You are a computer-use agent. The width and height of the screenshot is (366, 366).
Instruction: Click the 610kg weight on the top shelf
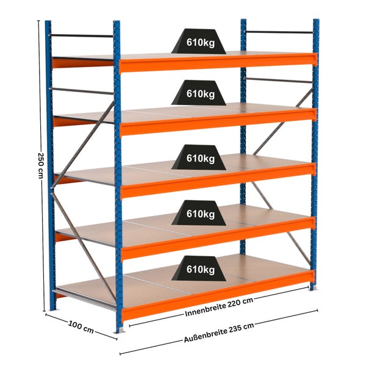[199, 41]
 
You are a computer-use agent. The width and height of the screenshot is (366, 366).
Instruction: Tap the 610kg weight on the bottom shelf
[199, 268]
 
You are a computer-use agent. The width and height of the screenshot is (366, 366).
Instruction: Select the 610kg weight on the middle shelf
[199, 157]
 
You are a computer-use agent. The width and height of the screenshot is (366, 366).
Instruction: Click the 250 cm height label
[40, 165]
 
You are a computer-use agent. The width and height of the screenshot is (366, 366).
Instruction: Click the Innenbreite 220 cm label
[219, 307]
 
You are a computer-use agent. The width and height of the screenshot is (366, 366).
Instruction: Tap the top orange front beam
[218, 62]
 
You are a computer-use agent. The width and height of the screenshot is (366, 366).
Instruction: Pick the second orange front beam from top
[218, 121]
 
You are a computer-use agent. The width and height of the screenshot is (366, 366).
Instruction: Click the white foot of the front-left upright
[121, 330]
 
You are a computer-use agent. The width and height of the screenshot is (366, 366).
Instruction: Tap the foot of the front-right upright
[314, 289]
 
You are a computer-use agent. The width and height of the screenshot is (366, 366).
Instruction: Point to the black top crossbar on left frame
[82, 36]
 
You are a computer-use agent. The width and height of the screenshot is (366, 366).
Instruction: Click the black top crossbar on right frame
[279, 32]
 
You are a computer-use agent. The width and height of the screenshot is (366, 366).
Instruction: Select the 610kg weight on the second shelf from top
[199, 93]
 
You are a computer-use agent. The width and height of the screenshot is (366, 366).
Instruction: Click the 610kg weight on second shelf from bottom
[199, 213]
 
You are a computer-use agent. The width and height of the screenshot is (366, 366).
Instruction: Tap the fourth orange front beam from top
[218, 237]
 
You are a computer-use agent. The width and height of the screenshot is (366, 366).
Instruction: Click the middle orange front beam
[218, 180]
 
